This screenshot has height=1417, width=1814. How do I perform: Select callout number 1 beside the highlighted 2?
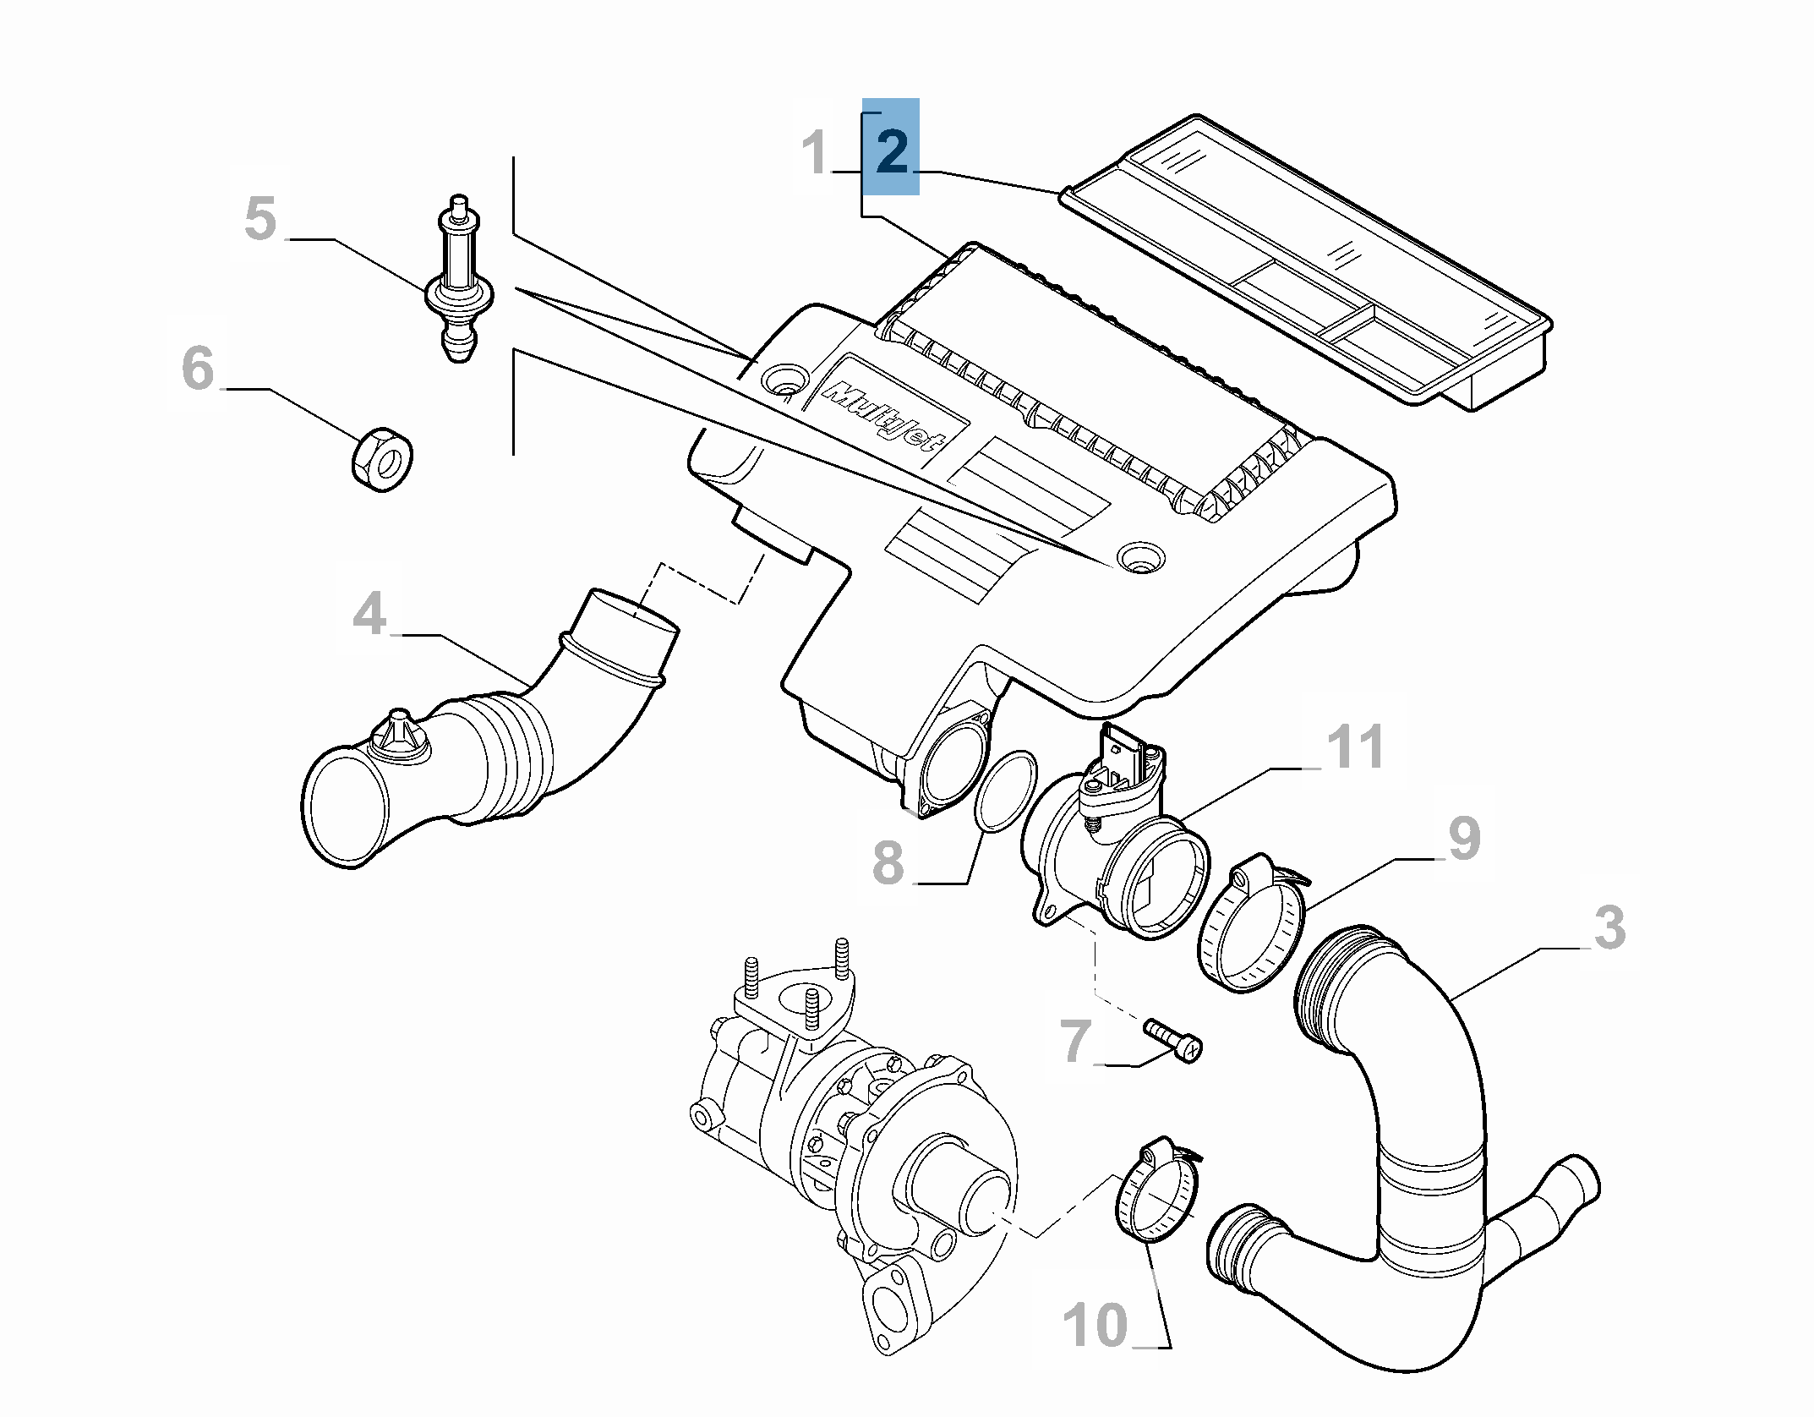(x=815, y=153)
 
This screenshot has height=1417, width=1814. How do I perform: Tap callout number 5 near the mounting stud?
(x=260, y=218)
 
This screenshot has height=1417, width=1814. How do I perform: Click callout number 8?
(x=888, y=863)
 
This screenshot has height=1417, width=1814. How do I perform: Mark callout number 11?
(x=1355, y=747)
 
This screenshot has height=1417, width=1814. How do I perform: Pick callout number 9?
(x=1464, y=839)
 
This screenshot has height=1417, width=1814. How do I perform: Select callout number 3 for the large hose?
(x=1609, y=927)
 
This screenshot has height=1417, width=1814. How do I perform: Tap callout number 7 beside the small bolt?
(x=1075, y=1041)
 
